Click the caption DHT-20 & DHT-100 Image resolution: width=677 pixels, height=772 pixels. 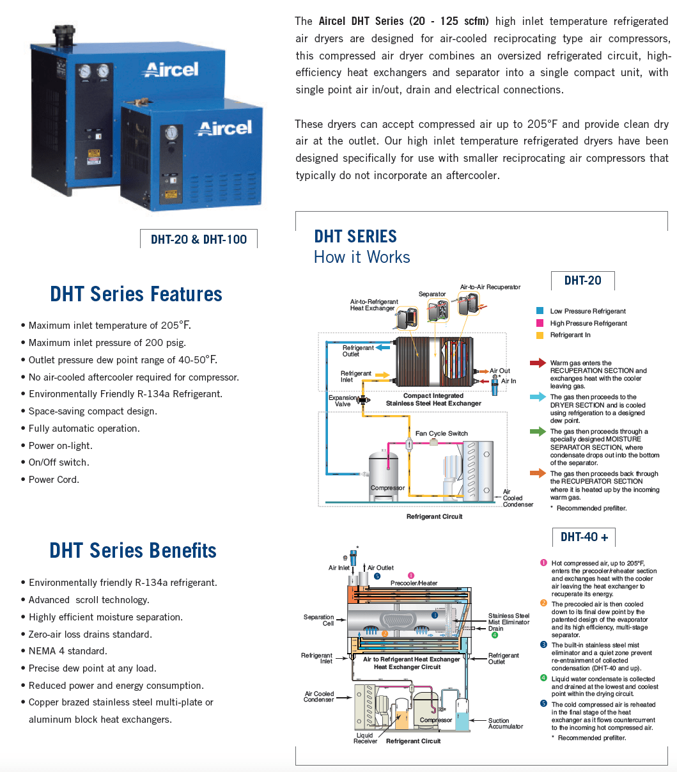click(x=198, y=239)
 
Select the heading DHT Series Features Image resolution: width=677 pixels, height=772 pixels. click(x=136, y=294)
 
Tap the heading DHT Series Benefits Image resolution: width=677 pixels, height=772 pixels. click(x=133, y=551)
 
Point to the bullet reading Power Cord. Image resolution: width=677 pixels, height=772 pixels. click(x=54, y=480)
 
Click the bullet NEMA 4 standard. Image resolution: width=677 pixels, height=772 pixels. click(x=68, y=651)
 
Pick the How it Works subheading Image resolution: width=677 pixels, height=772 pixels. click(x=362, y=257)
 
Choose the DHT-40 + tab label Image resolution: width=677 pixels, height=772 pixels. click(x=584, y=537)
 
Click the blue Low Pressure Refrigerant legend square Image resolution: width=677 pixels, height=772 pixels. click(x=540, y=311)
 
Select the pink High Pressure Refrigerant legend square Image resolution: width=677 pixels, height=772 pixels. click(x=540, y=323)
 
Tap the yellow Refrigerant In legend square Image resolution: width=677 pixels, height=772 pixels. click(x=540, y=335)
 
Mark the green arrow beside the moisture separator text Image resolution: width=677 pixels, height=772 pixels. click(x=538, y=432)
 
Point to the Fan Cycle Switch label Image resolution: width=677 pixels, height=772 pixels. click(x=442, y=434)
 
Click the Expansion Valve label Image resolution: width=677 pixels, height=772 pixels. click(x=343, y=401)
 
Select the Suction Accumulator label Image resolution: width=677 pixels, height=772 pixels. click(x=506, y=723)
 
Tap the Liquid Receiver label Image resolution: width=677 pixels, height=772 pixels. click(x=365, y=738)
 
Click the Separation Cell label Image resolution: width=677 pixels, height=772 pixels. click(x=318, y=620)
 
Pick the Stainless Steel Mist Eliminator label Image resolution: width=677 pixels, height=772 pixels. click(x=509, y=618)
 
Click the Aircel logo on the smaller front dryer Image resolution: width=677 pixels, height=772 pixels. click(x=224, y=128)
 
